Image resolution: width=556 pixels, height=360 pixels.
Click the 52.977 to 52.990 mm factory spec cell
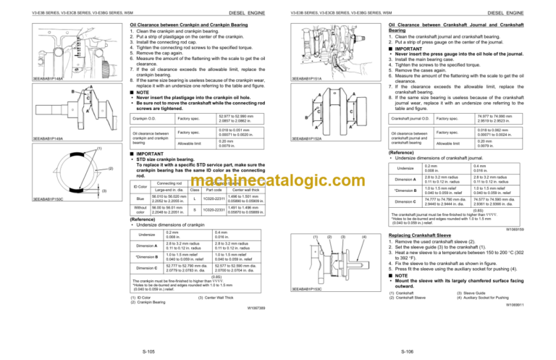click(206, 117)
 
